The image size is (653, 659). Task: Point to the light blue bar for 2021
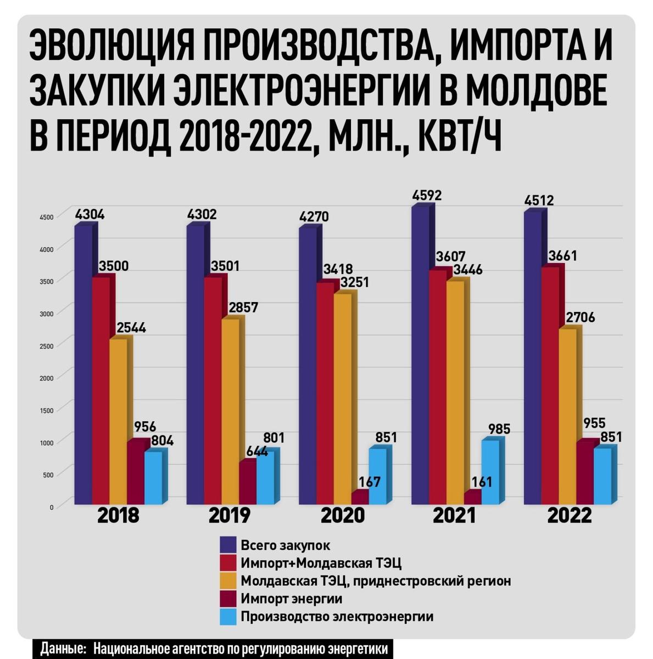pos(490,472)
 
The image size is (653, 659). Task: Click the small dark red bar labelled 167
pos(360,496)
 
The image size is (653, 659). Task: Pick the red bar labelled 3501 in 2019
pos(213,390)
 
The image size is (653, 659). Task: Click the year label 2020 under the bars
pos(343,516)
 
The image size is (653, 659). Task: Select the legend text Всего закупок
pos(286,545)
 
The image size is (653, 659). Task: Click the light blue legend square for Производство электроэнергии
pos(228,617)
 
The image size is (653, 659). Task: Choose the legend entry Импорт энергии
pos(291,599)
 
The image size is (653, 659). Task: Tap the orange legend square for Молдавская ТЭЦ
pos(228,581)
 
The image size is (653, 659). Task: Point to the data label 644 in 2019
pos(253,451)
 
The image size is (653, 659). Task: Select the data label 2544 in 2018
pos(131,328)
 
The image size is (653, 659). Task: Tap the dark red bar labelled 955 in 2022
pos(585,472)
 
